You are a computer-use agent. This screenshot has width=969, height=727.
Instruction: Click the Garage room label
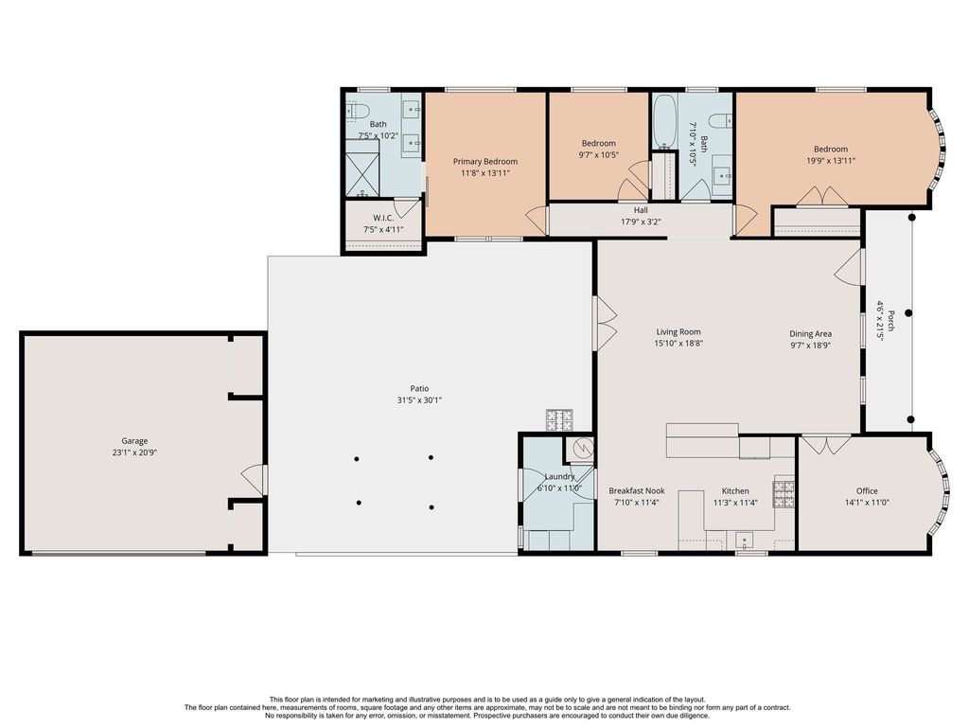pos(134,441)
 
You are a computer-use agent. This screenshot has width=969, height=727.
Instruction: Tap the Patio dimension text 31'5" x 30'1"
pos(419,400)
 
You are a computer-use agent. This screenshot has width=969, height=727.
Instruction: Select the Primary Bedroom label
pos(485,161)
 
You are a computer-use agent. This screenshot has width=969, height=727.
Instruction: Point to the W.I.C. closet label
pos(383,218)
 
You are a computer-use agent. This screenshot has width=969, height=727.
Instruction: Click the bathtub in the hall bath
pos(665,121)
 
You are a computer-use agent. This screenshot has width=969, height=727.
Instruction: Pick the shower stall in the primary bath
pos(361,168)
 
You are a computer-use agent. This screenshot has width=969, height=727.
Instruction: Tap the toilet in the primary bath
pos(357,111)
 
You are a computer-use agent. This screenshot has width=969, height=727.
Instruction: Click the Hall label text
pos(641,210)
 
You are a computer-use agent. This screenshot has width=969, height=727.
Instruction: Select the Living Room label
pos(678,332)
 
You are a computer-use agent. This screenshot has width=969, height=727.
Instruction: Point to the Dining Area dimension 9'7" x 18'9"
pos(810,346)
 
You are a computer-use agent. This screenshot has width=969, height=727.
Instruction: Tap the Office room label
pos(867,491)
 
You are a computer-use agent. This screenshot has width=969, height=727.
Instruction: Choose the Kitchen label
pos(734,491)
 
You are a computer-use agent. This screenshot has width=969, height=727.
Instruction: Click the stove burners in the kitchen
pos(784,494)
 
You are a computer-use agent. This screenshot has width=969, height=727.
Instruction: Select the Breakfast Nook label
pos(637,491)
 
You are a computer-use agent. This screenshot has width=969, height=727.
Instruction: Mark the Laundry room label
pos(559,477)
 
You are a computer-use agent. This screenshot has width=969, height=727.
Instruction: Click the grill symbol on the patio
pos(558,419)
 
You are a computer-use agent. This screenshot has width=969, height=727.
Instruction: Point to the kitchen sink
pos(745,540)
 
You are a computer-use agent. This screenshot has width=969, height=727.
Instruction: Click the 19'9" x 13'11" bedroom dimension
pos(831,161)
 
